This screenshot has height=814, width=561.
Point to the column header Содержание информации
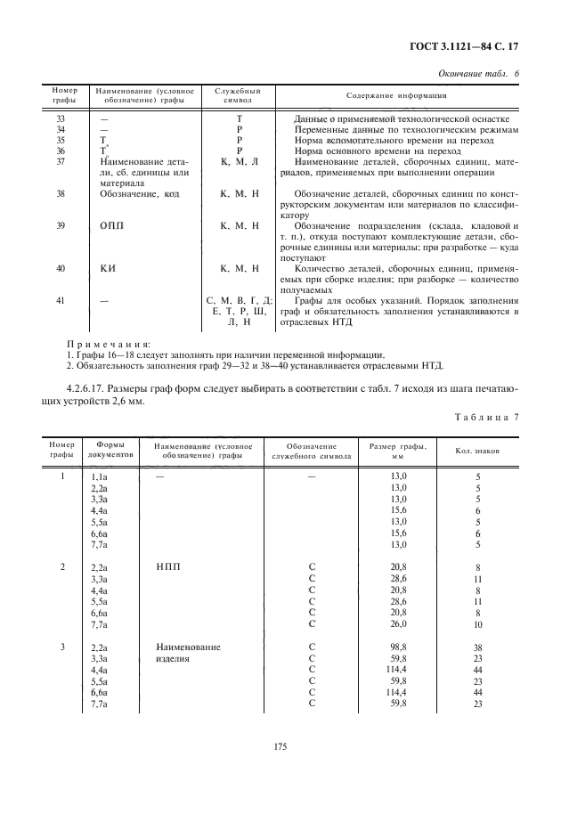coord(395,95)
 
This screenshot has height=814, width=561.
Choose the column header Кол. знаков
coord(478,451)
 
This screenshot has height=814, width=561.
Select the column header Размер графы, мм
coord(397,449)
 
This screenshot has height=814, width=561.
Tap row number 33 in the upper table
coord(61,118)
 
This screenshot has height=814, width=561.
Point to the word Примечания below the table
coord(109,343)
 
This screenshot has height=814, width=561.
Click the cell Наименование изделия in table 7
coord(187,653)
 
